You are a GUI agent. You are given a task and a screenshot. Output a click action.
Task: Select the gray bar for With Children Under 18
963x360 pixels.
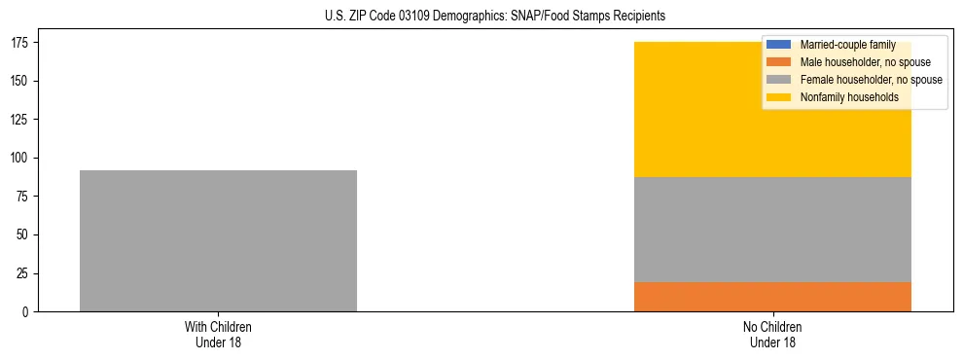tap(218, 240)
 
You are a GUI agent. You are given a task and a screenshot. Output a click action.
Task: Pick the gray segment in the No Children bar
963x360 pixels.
tap(772, 230)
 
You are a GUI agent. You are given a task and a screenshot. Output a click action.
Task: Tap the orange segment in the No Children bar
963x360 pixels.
tap(772, 297)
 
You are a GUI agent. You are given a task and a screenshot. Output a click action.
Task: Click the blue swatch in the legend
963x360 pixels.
tap(779, 45)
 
